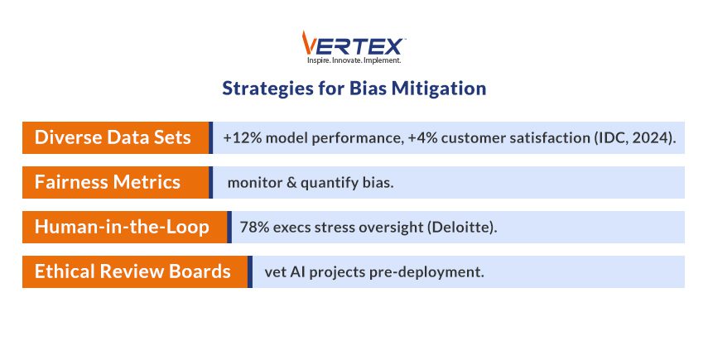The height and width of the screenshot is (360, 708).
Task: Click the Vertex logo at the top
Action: point(354,43)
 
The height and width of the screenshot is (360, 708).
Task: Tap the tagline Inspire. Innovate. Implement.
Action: point(354,60)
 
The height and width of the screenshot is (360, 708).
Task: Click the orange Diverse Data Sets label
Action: point(113,137)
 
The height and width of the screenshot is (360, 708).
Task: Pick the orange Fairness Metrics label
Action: point(108,182)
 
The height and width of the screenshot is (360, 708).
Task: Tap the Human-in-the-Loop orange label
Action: point(122,227)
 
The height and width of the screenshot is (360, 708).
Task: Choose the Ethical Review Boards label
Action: point(132,271)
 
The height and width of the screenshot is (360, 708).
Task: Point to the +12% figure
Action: point(239,137)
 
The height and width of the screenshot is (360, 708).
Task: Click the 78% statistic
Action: point(254,227)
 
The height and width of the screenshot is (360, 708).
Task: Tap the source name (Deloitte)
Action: point(462,227)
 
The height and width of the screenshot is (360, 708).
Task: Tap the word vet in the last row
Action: point(276,271)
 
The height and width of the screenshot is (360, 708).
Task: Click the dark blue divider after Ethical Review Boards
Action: point(250,271)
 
